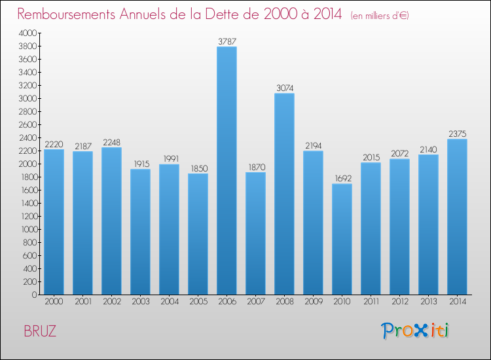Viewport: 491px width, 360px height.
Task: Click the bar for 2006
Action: [x=227, y=170]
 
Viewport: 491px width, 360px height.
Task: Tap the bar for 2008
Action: [x=284, y=194]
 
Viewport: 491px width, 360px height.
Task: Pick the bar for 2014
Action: [x=457, y=217]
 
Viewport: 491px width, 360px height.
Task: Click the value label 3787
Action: [x=227, y=41]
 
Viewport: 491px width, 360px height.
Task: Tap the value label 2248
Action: [x=111, y=143]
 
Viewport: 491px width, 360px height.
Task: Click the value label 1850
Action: [x=198, y=168]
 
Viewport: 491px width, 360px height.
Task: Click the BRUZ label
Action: [x=40, y=331]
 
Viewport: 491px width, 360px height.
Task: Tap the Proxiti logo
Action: [x=415, y=331]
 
